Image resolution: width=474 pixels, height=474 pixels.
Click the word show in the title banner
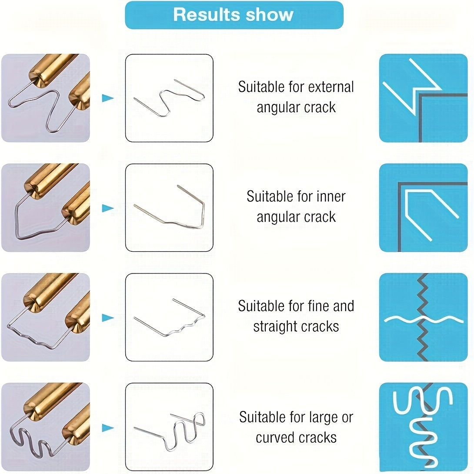(270, 15)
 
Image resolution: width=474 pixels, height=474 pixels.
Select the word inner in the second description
(330, 197)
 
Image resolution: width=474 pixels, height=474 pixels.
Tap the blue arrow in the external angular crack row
(107, 98)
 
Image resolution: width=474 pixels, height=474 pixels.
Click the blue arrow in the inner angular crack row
(107, 208)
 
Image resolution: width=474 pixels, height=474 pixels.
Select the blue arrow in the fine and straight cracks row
(107, 317)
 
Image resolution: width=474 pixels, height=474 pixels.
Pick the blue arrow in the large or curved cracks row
(107, 427)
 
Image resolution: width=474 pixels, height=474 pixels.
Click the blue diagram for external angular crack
(423, 98)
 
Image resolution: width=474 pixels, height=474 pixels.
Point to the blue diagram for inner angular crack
(423, 208)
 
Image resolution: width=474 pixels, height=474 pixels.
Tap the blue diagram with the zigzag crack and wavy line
(423, 317)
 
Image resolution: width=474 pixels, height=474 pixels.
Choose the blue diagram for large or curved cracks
(423, 427)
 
